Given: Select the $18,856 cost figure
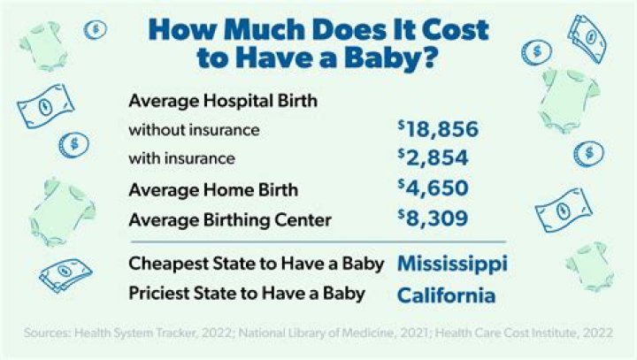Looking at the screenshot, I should (x=438, y=130).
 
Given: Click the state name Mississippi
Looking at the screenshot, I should (x=452, y=264).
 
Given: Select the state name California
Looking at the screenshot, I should (x=444, y=294).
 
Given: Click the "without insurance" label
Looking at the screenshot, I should (x=194, y=130).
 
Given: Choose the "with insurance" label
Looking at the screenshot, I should (x=181, y=159).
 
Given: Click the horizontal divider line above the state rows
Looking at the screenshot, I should (x=318, y=241).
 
